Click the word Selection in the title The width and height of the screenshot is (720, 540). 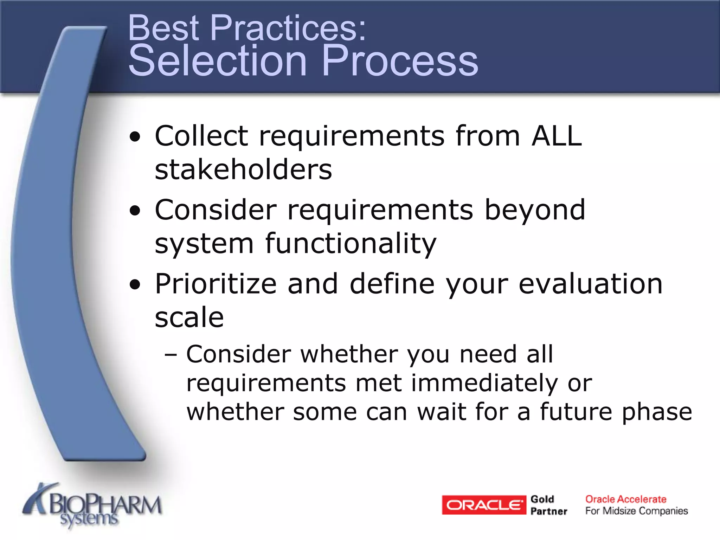click(x=218, y=60)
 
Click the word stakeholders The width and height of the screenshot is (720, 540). click(x=243, y=169)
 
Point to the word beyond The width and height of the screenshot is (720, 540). click(x=535, y=210)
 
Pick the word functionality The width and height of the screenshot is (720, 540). click(x=351, y=243)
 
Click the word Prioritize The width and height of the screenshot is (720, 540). click(x=216, y=284)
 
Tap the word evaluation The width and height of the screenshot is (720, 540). click(x=591, y=284)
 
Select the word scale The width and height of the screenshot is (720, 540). click(x=189, y=317)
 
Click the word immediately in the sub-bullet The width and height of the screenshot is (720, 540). click(x=484, y=383)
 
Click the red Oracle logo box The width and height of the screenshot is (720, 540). click(x=484, y=505)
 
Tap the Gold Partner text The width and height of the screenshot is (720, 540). click(x=548, y=505)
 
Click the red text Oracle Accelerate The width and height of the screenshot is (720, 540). click(x=625, y=499)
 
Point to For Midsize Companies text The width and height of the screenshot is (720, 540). click(x=636, y=511)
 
